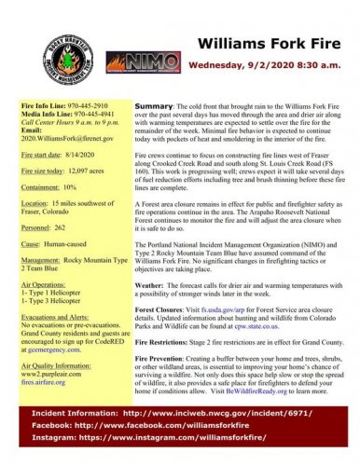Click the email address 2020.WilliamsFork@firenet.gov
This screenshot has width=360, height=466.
point(67,138)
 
